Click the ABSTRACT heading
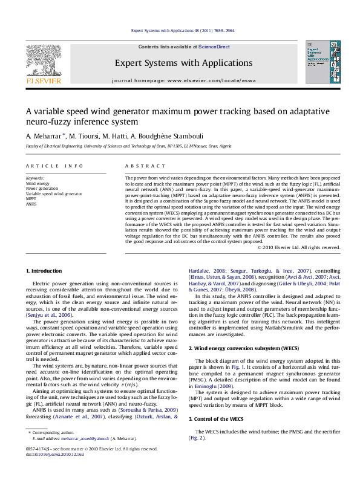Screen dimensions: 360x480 [137, 165]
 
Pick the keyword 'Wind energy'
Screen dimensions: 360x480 [38, 183]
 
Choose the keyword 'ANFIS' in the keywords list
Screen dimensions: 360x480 [31, 204]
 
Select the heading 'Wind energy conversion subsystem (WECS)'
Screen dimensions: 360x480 [237, 349]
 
